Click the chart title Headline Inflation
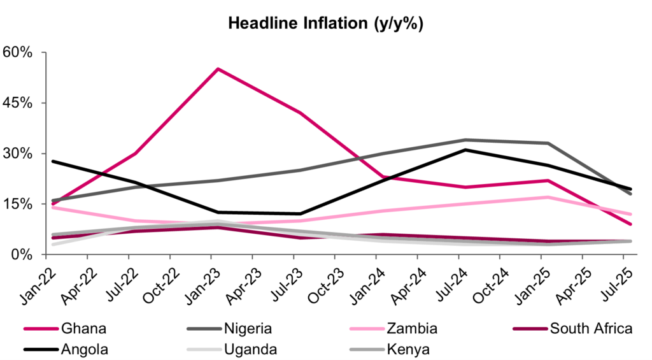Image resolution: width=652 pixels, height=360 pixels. [325, 24]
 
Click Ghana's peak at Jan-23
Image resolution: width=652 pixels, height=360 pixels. [218, 69]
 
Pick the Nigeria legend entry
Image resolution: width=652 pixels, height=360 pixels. [248, 329]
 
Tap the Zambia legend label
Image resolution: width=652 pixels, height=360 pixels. [411, 329]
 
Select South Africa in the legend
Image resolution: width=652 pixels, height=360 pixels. [591, 329]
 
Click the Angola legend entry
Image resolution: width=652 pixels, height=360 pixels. [87, 349]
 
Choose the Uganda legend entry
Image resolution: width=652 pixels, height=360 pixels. [250, 349]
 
